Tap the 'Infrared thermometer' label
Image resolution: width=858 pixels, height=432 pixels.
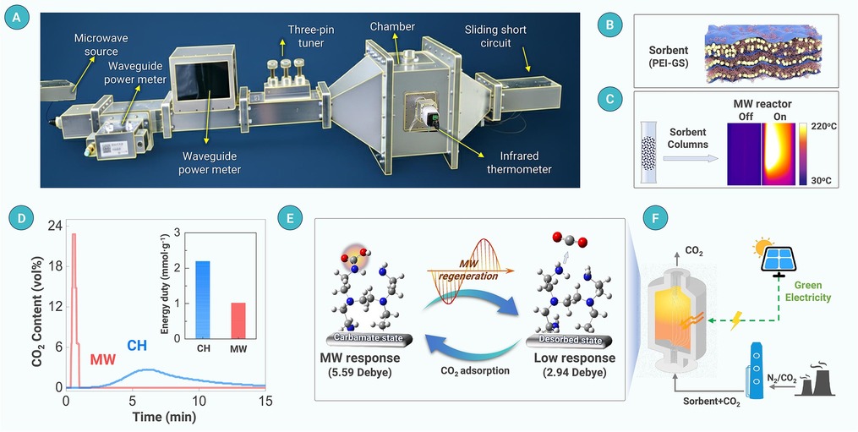(520, 162)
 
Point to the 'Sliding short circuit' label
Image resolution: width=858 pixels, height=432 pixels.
(495, 36)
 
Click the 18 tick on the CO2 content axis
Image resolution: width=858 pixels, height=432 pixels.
(55, 265)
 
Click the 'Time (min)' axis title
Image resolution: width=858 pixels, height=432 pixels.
(164, 418)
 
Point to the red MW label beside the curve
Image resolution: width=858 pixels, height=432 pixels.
(104, 361)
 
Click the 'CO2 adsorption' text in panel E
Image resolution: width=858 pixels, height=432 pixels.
(475, 370)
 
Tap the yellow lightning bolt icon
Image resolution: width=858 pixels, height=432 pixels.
(736, 320)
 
